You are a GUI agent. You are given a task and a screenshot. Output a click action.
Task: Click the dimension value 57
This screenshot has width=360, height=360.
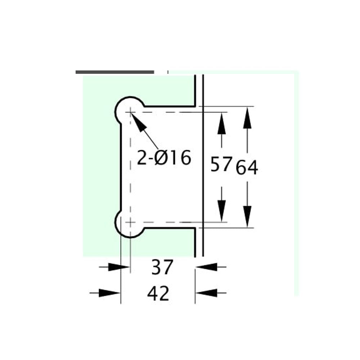point(220,165)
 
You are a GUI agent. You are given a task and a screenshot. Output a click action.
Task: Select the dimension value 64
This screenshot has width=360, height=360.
point(247,168)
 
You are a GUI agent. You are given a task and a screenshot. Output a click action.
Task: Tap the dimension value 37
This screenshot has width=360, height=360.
point(162,267)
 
